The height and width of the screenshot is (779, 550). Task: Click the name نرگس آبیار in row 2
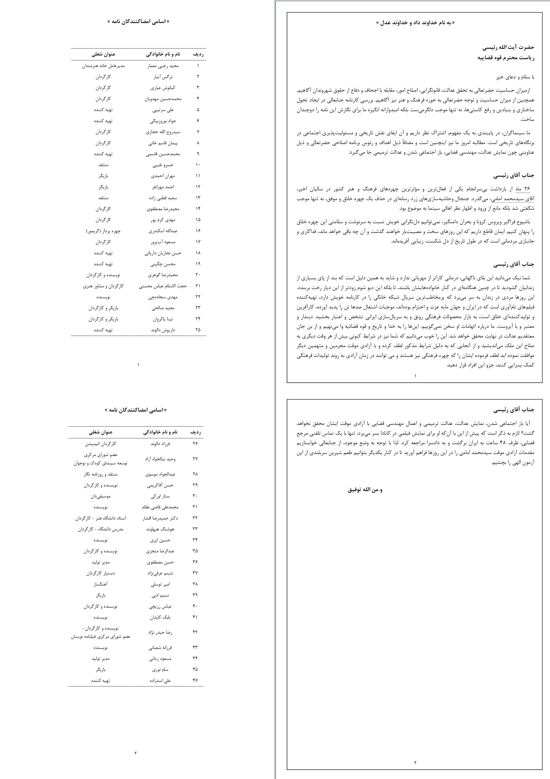[x=163, y=77]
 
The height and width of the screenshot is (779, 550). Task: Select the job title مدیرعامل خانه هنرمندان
[x=103, y=66]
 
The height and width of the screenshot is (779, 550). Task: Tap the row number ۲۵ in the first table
[x=198, y=330]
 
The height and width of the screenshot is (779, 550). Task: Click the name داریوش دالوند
[x=163, y=330]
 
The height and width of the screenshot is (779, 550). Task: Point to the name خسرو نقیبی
[x=163, y=165]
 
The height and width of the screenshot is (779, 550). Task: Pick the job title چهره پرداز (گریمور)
[x=103, y=231]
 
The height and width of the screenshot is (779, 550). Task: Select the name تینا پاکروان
[x=163, y=319]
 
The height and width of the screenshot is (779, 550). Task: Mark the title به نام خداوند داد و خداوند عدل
[x=415, y=23]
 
